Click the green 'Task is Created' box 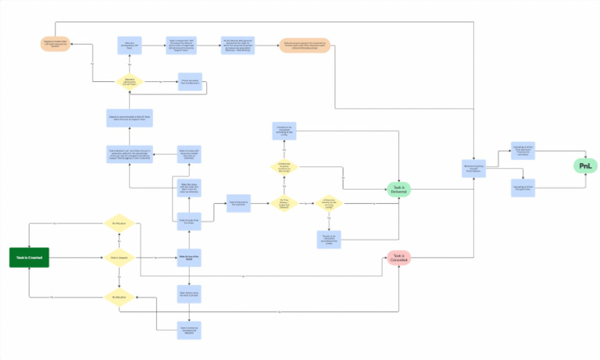click(29, 257)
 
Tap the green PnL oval click(584, 166)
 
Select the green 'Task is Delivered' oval click(398, 189)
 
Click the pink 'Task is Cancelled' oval click(398, 257)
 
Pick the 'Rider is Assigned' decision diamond click(120, 257)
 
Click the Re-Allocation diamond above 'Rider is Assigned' click(120, 223)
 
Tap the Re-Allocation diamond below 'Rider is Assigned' click(120, 297)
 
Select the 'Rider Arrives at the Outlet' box click(189, 257)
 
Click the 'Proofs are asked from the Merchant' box click(190, 80)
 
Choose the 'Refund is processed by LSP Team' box click(129, 45)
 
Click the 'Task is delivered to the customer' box click(238, 204)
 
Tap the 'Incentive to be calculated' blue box click(284, 131)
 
